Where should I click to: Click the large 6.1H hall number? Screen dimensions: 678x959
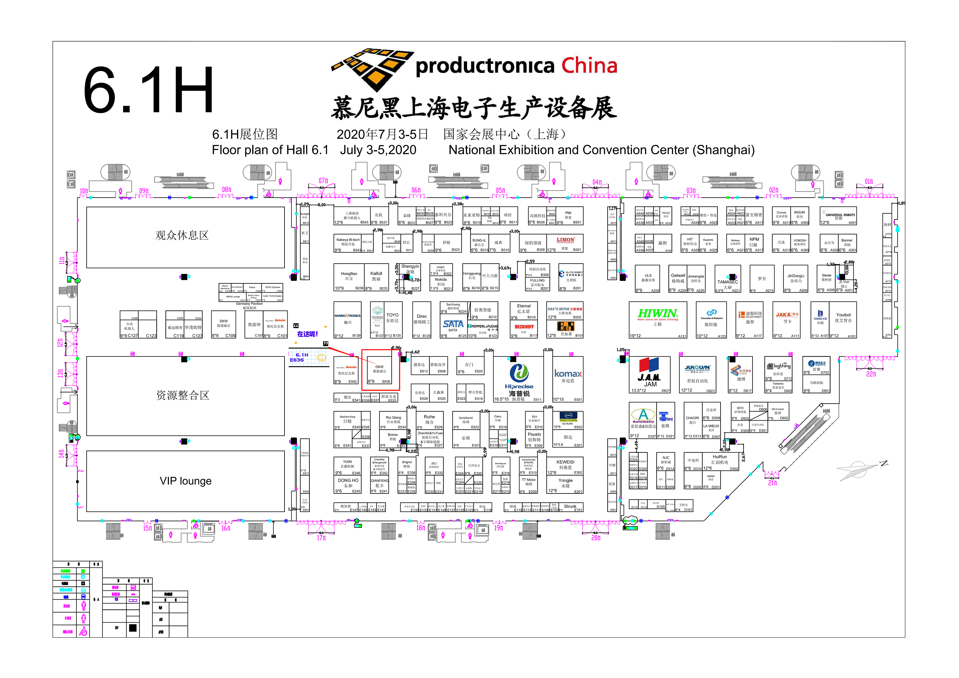tap(149, 90)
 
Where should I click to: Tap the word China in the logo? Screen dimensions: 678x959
tap(589, 66)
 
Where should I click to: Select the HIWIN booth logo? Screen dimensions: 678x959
tap(658, 313)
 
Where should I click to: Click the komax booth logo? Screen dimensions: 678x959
tap(568, 374)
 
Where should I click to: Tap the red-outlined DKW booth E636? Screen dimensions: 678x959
tap(380, 369)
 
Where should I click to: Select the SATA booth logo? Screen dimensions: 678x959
tap(453, 324)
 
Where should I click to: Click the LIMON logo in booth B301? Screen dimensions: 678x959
tap(565, 240)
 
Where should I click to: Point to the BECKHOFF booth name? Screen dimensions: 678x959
tap(524, 327)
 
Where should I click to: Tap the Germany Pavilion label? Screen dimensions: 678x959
tap(249, 304)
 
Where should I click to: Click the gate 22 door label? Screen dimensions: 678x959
tap(871, 374)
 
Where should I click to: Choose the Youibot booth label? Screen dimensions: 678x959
tap(843, 315)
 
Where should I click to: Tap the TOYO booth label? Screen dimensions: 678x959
tap(392, 315)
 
